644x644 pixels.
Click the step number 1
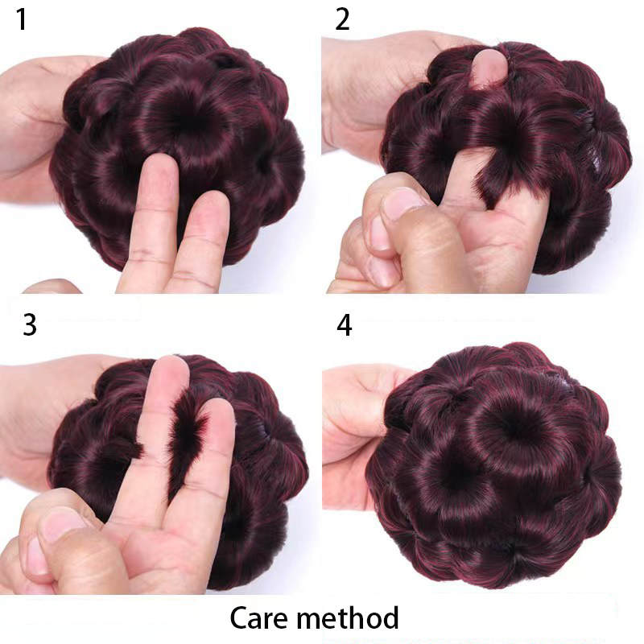click(x=22, y=19)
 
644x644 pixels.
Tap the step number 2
click(x=342, y=19)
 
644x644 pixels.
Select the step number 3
click(x=30, y=324)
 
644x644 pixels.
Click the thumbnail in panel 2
click(x=402, y=202)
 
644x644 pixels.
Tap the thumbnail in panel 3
click(x=62, y=528)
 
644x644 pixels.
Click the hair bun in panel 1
click(x=180, y=156)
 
